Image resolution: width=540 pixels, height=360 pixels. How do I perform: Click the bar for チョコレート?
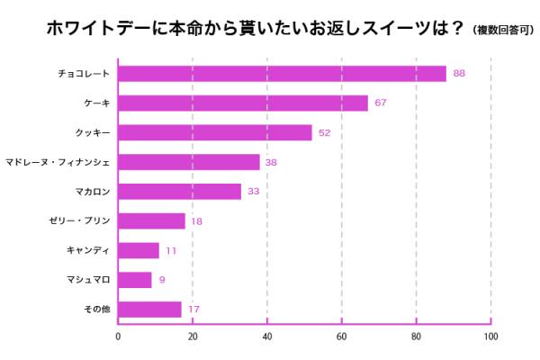tap(282, 74)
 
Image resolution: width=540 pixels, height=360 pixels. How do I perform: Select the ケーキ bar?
tap(243, 103)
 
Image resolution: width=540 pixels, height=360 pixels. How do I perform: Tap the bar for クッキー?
tap(215, 133)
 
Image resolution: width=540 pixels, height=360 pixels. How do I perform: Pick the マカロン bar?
tap(180, 192)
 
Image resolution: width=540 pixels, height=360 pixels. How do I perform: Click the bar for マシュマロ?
tap(135, 280)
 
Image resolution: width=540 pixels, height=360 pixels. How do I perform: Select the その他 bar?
tap(149, 310)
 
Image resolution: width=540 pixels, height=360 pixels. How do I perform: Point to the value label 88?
tap(459, 74)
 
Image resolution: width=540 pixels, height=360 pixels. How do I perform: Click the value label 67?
tap(381, 103)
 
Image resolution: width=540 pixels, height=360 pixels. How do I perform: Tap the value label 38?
tap(271, 163)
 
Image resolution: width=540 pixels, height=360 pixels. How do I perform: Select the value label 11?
tap(171, 251)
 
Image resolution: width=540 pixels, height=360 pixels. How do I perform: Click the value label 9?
tap(162, 280)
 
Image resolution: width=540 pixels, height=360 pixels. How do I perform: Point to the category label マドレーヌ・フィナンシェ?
tap(70, 163)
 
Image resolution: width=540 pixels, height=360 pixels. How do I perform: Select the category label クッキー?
tap(94, 133)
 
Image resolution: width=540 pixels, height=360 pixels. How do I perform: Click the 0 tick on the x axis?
tap(118, 337)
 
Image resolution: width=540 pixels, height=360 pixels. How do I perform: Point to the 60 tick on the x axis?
tap(342, 337)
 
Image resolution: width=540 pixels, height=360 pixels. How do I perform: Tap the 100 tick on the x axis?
tap(490, 337)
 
